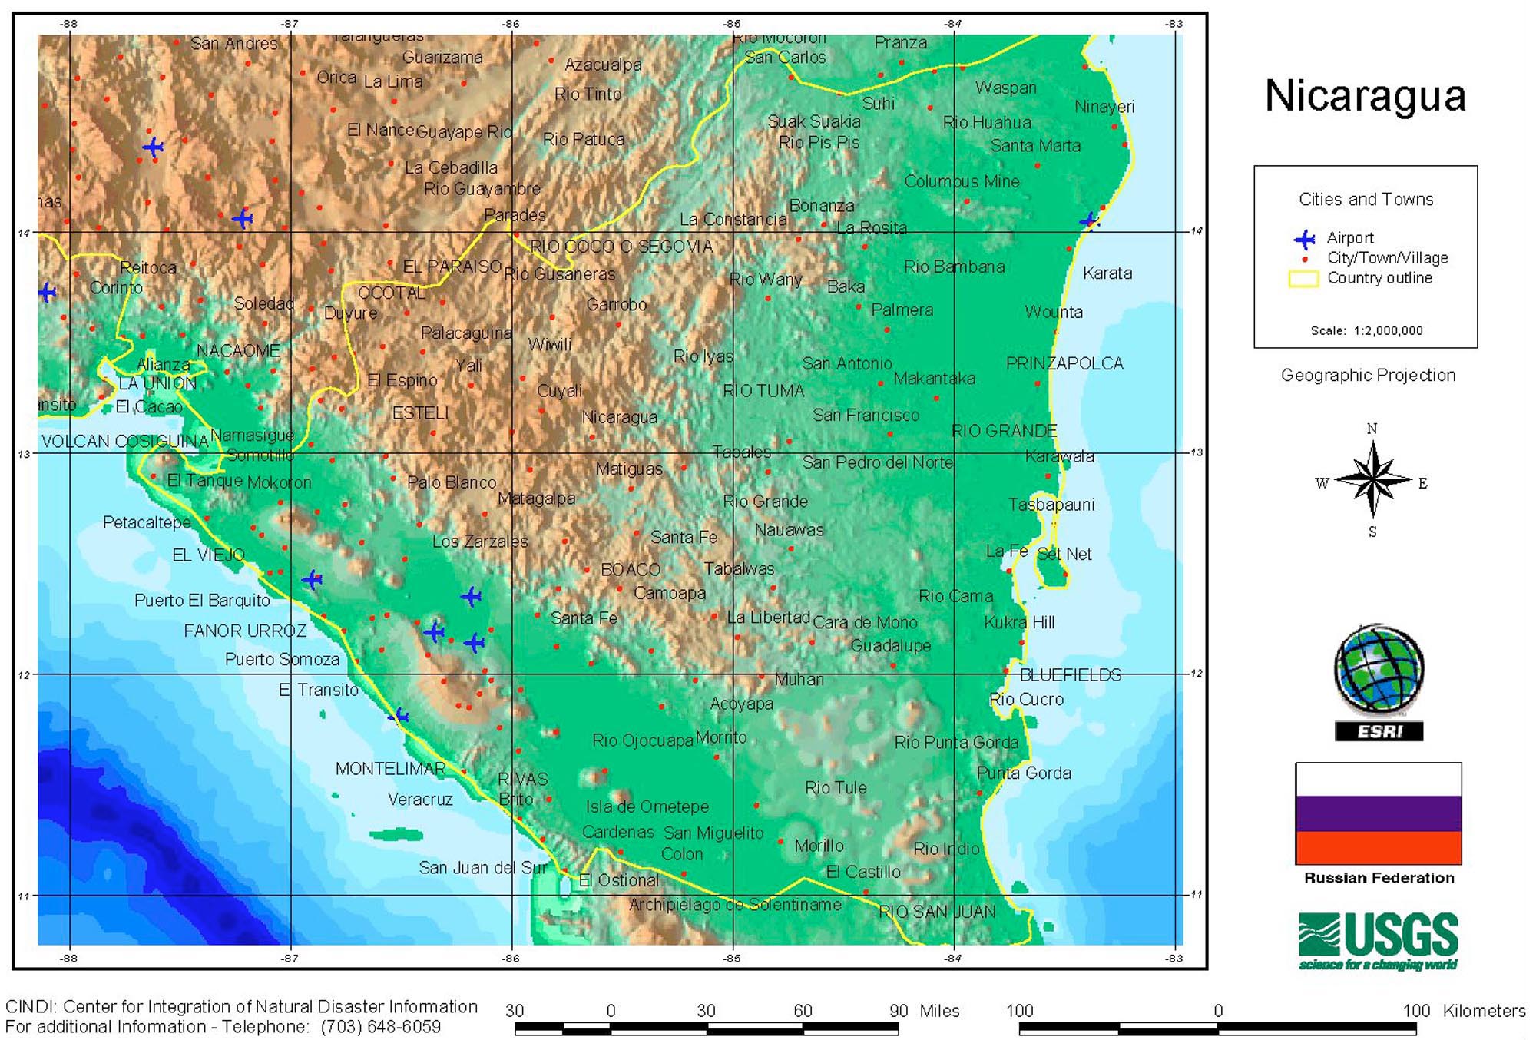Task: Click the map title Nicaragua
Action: click(1365, 96)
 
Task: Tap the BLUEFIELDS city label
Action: click(1070, 675)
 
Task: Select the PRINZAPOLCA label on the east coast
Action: click(1064, 363)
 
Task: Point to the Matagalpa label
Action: click(536, 498)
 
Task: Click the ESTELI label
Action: click(420, 413)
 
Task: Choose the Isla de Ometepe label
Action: click(647, 806)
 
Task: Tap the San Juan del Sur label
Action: click(483, 868)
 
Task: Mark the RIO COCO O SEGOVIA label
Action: click(621, 247)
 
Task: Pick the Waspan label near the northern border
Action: click(1005, 88)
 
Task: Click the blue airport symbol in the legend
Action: click(1304, 240)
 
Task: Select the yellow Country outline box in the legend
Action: click(1303, 278)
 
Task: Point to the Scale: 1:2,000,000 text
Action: click(1366, 331)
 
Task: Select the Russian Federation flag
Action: click(1379, 813)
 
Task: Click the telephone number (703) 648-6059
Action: click(381, 1027)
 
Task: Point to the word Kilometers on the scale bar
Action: click(1484, 1011)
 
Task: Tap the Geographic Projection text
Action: click(1368, 376)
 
